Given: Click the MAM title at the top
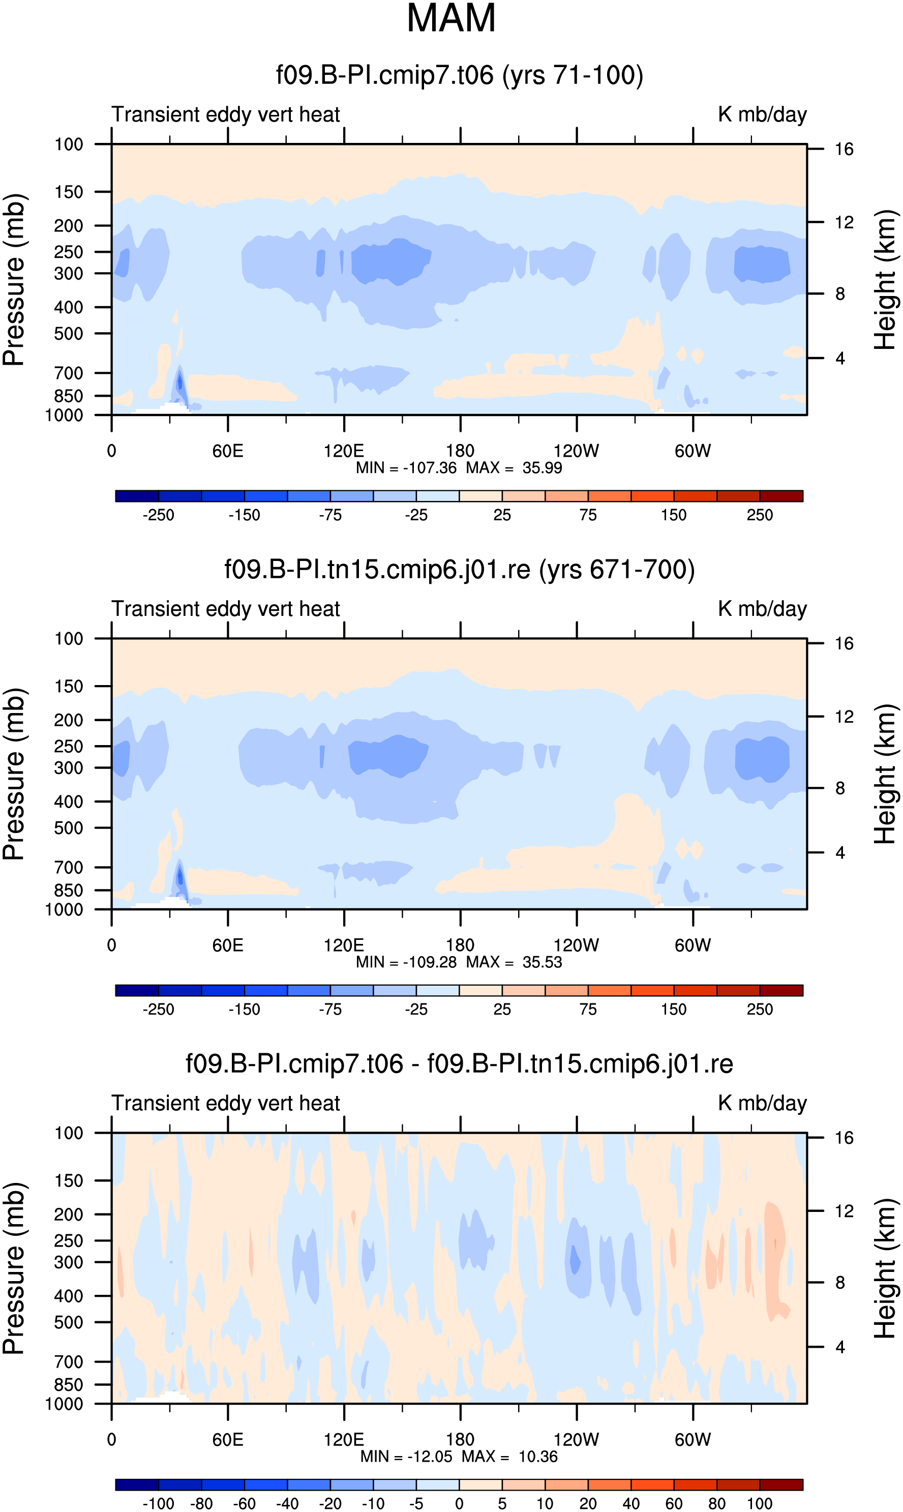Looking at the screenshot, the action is [451, 18].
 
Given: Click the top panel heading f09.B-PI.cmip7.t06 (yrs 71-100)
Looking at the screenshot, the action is [460, 75].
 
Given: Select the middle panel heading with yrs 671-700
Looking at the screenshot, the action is [460, 570].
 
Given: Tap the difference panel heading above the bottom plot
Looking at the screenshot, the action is [460, 1064].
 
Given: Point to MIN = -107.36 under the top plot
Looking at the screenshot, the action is [406, 468].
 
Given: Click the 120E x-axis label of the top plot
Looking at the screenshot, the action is [344, 451].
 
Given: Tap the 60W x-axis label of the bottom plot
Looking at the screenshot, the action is [693, 1440].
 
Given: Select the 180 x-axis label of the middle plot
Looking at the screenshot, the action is [460, 945].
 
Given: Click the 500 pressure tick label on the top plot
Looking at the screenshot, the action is [68, 334].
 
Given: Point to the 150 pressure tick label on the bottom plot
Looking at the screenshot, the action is [68, 1181].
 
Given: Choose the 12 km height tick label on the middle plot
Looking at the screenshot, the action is [844, 717].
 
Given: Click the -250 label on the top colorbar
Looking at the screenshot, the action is [158, 515].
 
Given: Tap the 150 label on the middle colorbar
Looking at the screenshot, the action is [674, 1010].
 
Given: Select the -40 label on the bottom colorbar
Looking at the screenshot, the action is [287, 1504].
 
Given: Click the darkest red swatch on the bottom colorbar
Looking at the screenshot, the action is [781, 1485].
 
